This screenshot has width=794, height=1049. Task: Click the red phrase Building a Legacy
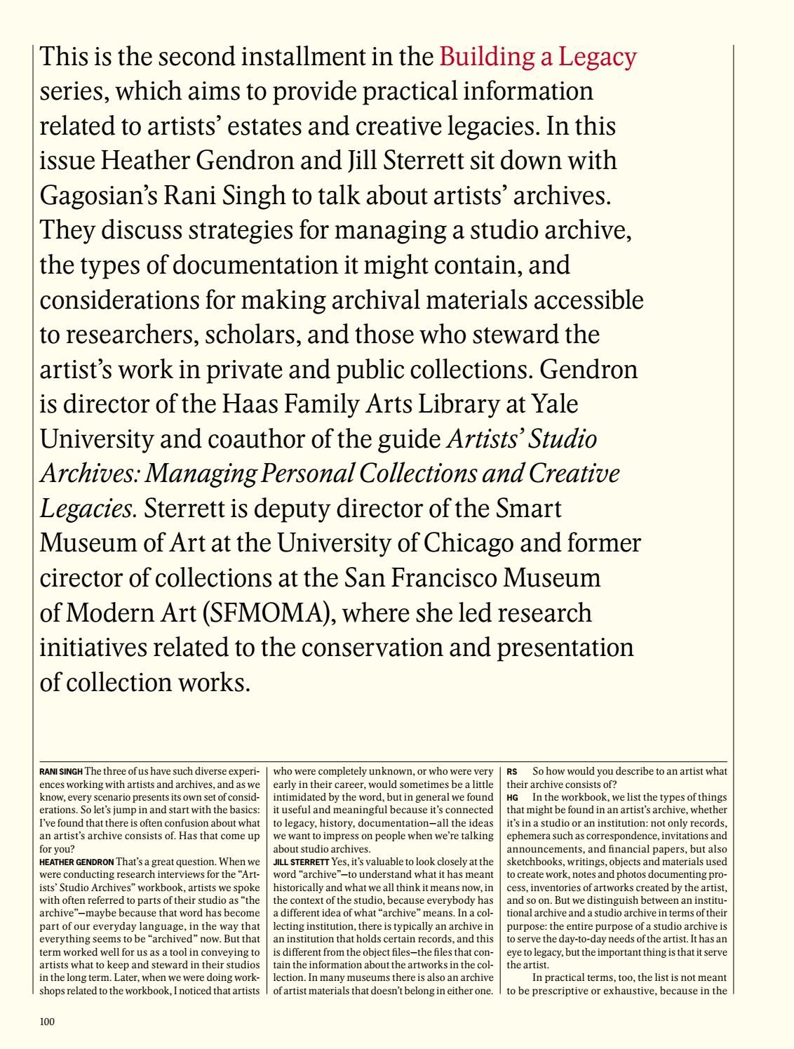tap(538, 57)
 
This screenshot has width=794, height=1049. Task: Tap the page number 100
tap(47, 1022)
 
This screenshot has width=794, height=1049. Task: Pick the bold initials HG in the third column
tap(513, 797)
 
